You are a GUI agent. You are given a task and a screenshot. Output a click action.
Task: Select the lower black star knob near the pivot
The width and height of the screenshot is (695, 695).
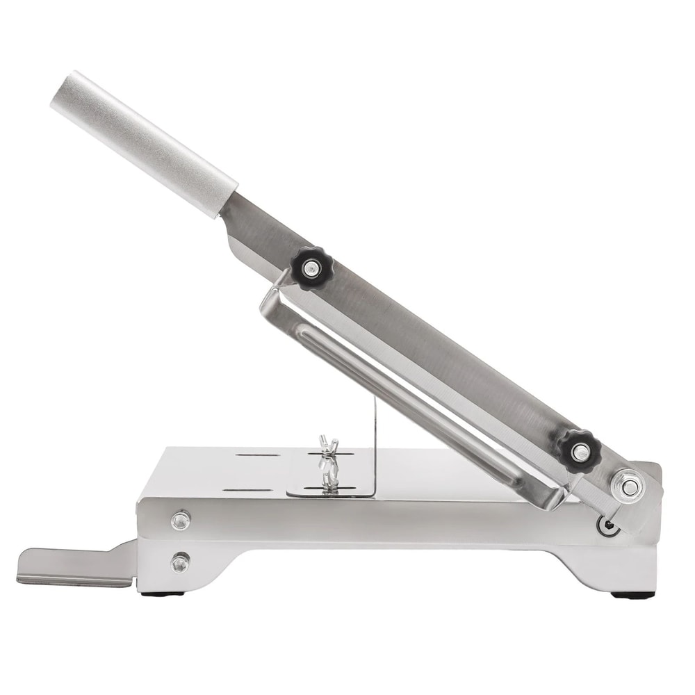click(579, 450)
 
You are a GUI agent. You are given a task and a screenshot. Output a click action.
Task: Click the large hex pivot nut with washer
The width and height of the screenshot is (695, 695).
click(628, 487)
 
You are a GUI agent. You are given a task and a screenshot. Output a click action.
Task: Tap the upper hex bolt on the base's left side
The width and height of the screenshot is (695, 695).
click(181, 518)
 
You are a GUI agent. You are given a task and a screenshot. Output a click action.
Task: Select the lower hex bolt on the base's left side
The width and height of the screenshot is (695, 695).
click(180, 562)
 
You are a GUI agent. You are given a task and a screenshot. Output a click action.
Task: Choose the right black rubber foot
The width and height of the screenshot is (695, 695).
click(632, 595)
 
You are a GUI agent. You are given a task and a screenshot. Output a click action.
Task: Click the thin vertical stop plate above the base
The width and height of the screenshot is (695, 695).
click(375, 445)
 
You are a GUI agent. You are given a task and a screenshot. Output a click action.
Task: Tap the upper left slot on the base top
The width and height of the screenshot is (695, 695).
click(257, 456)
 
